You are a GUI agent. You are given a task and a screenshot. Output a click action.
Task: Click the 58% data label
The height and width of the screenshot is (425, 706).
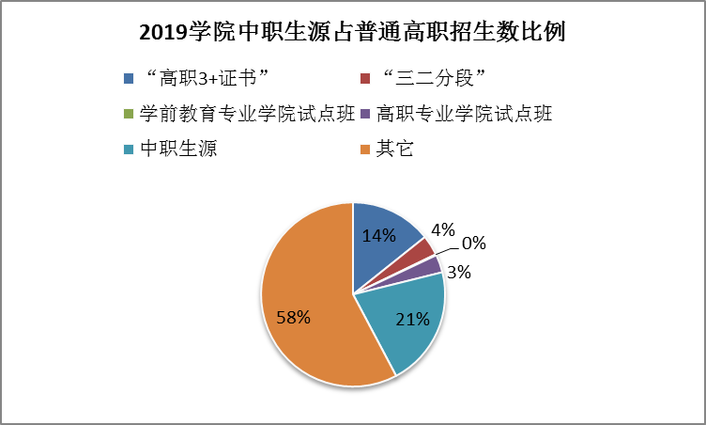tap(292, 317)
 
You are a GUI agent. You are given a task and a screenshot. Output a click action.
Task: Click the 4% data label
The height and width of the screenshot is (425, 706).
tap(442, 230)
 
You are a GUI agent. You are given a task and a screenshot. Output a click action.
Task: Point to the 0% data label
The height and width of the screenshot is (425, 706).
tap(473, 244)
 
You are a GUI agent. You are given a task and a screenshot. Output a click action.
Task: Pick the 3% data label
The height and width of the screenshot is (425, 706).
tap(458, 273)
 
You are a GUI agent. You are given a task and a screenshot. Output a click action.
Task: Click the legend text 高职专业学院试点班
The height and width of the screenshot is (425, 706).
tap(464, 114)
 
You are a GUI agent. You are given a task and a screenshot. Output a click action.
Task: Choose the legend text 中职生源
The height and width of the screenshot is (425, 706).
tap(177, 150)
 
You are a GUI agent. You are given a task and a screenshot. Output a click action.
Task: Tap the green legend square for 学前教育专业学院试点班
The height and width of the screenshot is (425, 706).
tap(128, 115)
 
